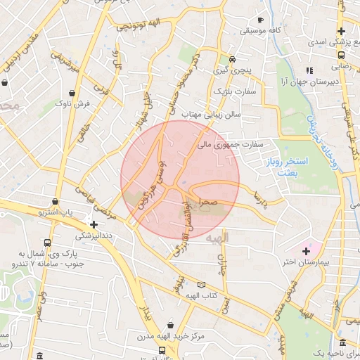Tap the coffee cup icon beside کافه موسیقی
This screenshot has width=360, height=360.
click(x=260, y=20)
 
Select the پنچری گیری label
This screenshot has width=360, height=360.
click(x=232, y=70)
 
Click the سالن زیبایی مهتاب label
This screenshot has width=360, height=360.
click(x=212, y=113)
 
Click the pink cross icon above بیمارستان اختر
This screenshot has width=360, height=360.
click(x=306, y=250)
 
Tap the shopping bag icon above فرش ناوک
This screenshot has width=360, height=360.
click(x=73, y=93)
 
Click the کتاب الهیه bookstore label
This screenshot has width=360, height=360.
click(x=202, y=296)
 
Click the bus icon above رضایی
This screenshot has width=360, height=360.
click(x=341, y=54)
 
